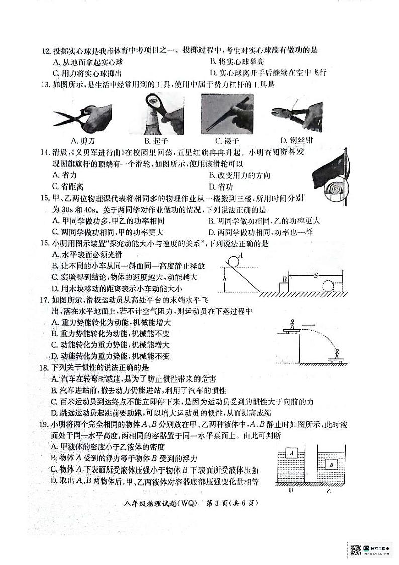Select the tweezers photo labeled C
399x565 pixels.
[x=226, y=114]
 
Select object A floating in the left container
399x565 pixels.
[x=291, y=453]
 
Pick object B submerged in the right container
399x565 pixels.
[x=332, y=464]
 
